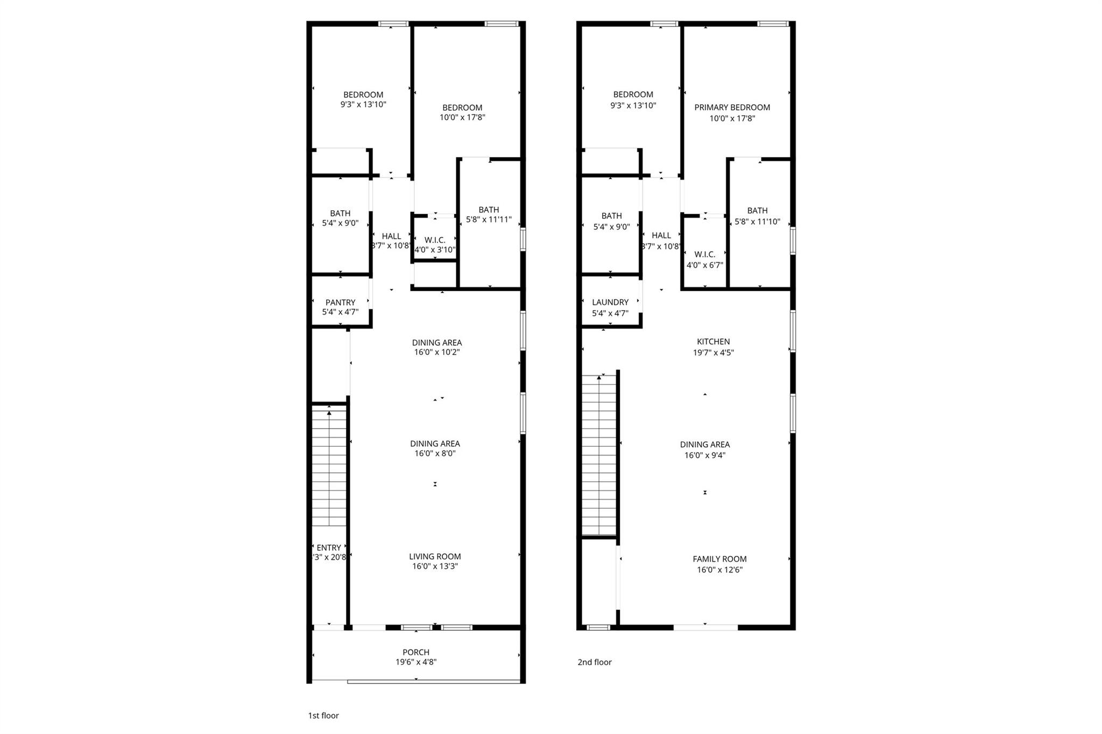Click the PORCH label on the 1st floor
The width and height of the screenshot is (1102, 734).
pyautogui.click(x=416, y=652)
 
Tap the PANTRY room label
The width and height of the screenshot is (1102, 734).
pyautogui.click(x=340, y=302)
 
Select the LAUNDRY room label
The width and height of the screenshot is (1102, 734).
pyautogui.click(x=610, y=302)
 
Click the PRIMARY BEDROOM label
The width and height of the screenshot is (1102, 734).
pyautogui.click(x=732, y=108)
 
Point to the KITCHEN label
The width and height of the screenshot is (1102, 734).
pyautogui.click(x=713, y=341)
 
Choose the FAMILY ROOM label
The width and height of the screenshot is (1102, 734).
pyautogui.click(x=719, y=559)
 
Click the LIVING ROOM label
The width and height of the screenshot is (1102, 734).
pyautogui.click(x=435, y=557)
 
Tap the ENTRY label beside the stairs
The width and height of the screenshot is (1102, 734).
pyautogui.click(x=329, y=548)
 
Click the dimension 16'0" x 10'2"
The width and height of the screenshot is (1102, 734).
pyautogui.click(x=436, y=353)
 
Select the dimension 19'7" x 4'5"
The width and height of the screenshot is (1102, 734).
pyautogui.click(x=713, y=353)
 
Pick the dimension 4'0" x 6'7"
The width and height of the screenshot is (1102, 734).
pyautogui.click(x=704, y=265)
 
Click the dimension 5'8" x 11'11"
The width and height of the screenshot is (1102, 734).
pyautogui.click(x=489, y=220)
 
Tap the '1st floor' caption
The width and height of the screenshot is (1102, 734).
pyautogui.click(x=323, y=716)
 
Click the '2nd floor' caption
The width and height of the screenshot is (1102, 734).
pyautogui.click(x=595, y=662)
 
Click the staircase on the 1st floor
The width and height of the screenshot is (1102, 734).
pyautogui.click(x=329, y=468)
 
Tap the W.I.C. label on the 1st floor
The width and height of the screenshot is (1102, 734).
pyautogui.click(x=435, y=240)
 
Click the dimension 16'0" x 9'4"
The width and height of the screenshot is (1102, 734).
pyautogui.click(x=704, y=455)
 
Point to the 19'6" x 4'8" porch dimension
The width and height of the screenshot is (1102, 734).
pyautogui.click(x=416, y=662)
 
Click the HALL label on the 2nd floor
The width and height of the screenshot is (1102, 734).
pyautogui.click(x=661, y=236)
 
